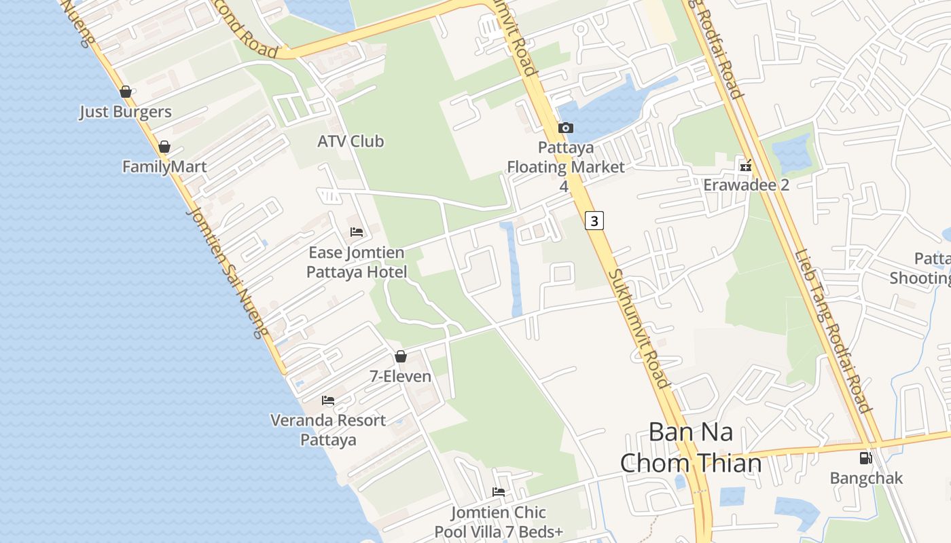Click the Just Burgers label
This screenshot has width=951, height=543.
tap(126, 112)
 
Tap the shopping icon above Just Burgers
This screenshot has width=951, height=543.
tap(126, 92)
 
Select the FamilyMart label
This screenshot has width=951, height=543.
tap(164, 166)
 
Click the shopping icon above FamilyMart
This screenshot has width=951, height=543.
tap(164, 147)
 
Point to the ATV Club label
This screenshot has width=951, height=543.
tap(351, 141)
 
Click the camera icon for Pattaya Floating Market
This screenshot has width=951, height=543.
tap(565, 128)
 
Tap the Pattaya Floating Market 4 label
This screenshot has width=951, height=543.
tap(566, 166)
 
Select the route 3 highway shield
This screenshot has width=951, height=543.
tap(594, 221)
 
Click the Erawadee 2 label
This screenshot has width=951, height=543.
tap(746, 185)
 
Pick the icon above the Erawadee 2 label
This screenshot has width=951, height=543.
tap(746, 165)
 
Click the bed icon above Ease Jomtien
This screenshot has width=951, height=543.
tap(357, 232)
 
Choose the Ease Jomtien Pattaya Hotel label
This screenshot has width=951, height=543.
tap(357, 262)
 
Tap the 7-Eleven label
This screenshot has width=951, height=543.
tap(400, 376)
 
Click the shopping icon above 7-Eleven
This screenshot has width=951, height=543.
tap(401, 356)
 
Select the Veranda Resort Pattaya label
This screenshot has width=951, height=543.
tap(328, 430)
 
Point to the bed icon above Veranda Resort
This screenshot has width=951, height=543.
tap(328, 400)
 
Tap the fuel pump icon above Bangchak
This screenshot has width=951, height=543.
tap(865, 458)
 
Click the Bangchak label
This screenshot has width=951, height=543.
tap(866, 478)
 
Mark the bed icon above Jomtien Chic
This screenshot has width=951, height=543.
tap(499, 492)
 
